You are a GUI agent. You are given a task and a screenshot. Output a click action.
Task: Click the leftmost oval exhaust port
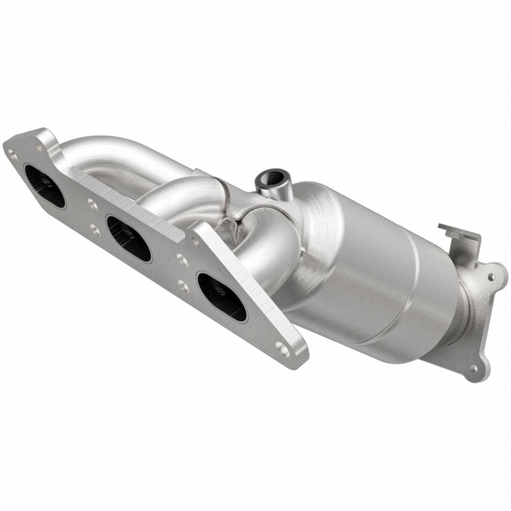pos(45,186)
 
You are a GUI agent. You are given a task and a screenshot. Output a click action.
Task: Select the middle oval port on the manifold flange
pos(128,238)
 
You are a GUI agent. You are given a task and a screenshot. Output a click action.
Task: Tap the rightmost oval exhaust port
pos(222,296)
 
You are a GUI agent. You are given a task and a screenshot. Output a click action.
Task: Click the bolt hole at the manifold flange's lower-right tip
pos(282,350)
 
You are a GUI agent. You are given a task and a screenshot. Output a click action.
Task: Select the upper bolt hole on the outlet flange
pos(491,277)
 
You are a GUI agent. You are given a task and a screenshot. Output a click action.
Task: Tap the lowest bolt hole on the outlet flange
pos(472,369)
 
